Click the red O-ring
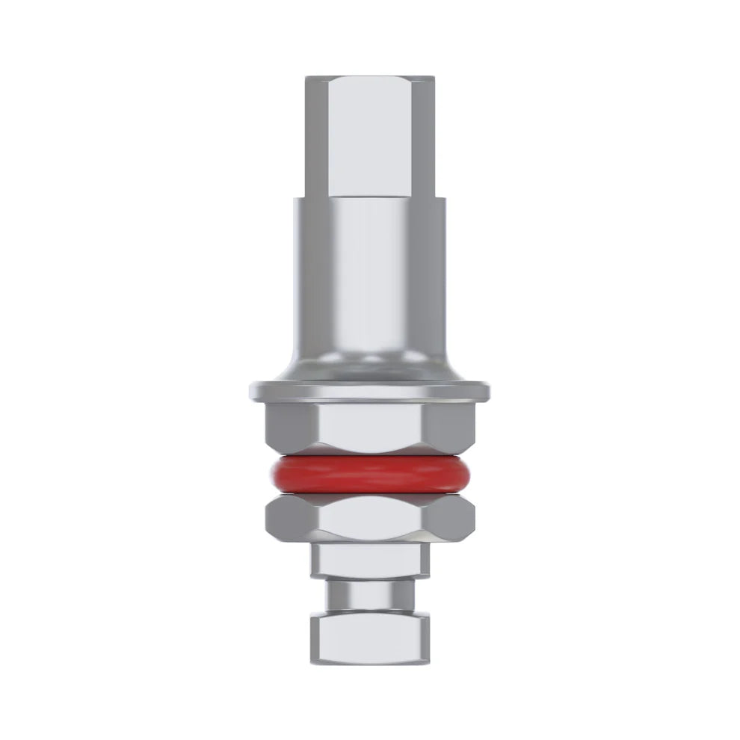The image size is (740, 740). click(369, 475)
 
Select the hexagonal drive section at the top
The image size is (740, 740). click(369, 135)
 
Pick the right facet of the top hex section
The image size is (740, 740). click(425, 135)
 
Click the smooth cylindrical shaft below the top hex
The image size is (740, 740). click(369, 269)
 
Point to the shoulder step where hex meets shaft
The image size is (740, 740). click(369, 197)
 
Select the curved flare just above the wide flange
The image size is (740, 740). click(369, 366)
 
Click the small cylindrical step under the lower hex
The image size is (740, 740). click(369, 559)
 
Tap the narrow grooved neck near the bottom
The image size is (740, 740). click(369, 596)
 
